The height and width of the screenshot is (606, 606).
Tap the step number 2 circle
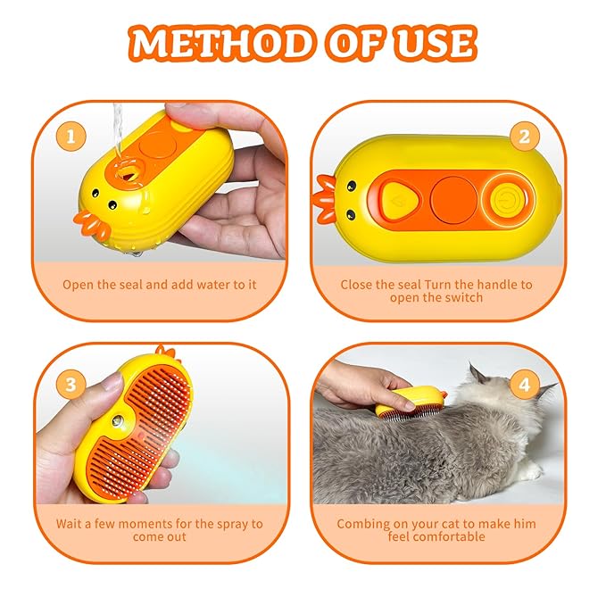(x=524, y=137)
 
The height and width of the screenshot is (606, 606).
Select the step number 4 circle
(x=524, y=386)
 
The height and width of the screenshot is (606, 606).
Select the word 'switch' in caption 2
(x=464, y=297)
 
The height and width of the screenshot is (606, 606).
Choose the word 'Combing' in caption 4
(x=363, y=524)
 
